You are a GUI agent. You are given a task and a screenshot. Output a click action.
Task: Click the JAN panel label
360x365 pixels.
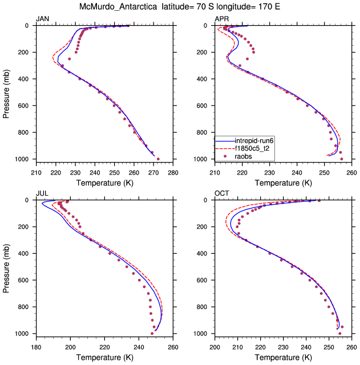[x=42, y=19]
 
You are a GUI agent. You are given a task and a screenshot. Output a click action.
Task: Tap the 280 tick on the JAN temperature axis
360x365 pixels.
[x=173, y=172]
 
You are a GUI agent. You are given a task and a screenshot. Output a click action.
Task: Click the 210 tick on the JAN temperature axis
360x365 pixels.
[x=36, y=172]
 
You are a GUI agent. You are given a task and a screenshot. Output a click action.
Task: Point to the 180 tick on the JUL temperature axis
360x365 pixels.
[x=36, y=347]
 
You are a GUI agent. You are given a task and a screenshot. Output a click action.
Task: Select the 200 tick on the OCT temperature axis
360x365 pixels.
[x=215, y=347]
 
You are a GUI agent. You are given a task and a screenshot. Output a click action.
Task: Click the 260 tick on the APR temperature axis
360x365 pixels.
[x=351, y=172]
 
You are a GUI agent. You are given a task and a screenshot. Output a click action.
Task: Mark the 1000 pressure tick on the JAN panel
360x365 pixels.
[x=25, y=159]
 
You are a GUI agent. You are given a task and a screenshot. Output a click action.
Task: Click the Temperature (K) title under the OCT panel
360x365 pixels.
[x=283, y=357]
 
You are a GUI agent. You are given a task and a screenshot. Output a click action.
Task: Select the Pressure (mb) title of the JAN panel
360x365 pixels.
[x=6, y=92]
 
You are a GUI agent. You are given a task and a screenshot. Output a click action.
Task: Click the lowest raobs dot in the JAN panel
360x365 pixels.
[x=158, y=159]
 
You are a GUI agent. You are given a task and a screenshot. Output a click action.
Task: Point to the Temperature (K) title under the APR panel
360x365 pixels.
[x=283, y=182]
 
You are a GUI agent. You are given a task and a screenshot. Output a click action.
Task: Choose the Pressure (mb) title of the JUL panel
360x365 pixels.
[x=6, y=267]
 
